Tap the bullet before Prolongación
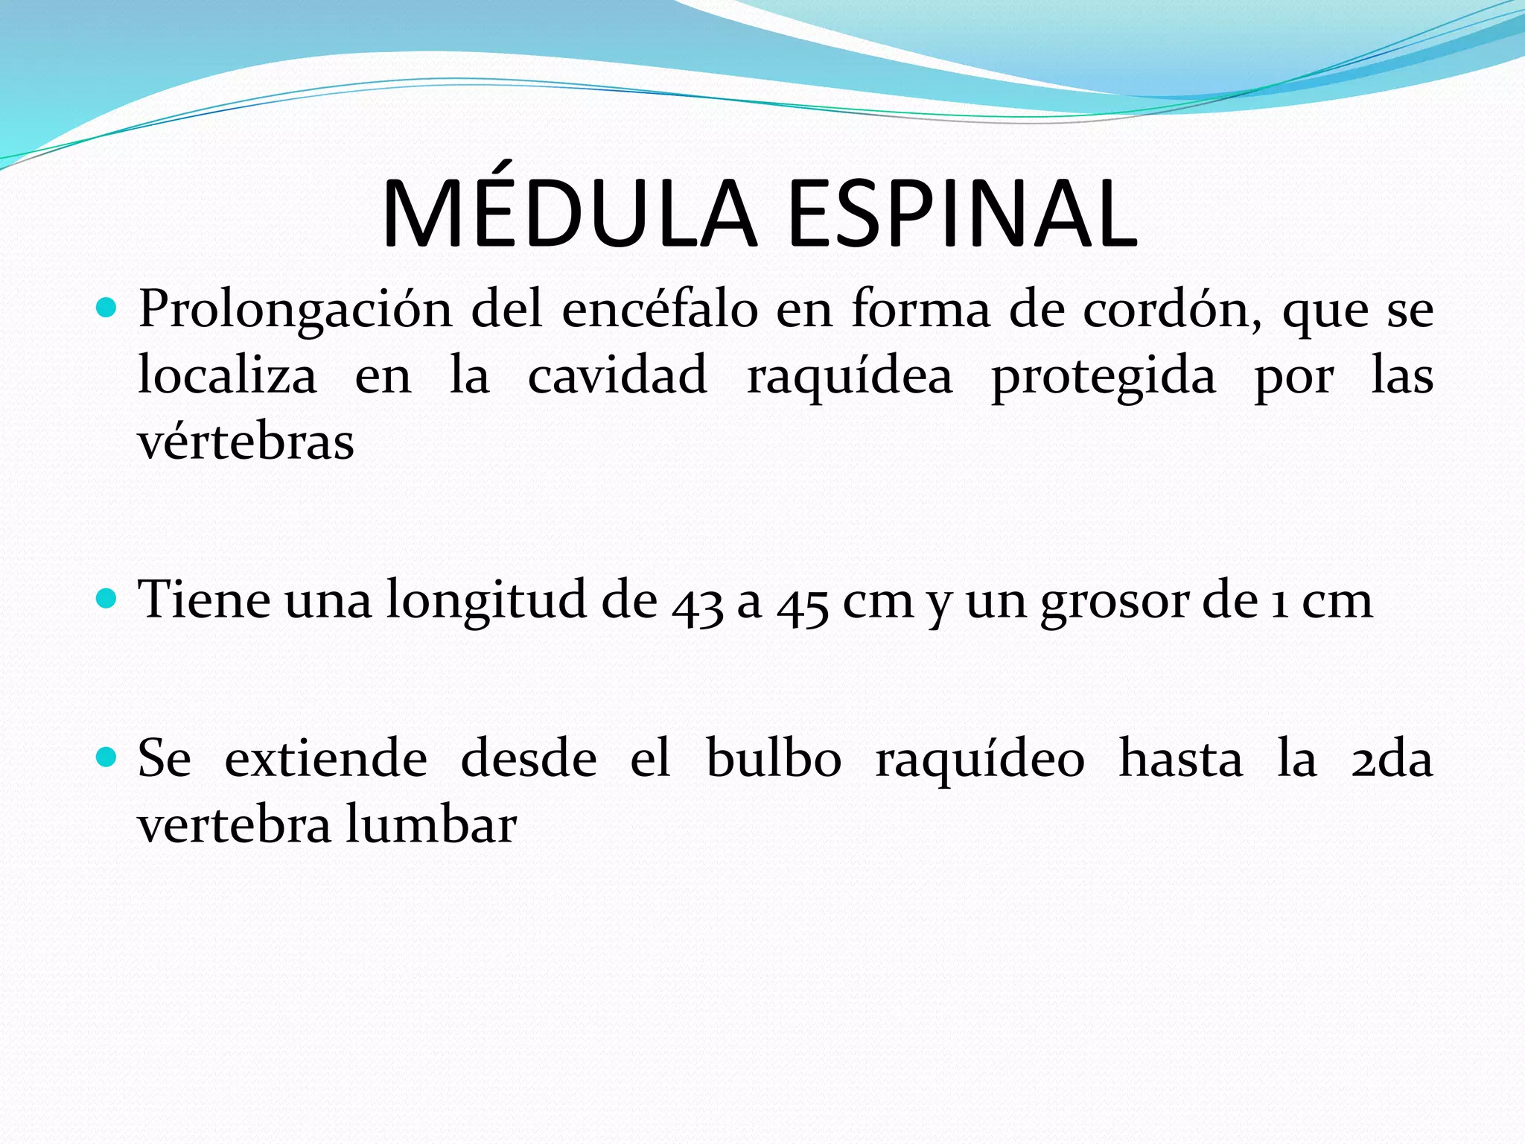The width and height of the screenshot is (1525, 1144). click(107, 307)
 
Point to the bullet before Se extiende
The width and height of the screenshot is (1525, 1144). click(107, 757)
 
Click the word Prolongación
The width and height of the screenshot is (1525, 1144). click(295, 310)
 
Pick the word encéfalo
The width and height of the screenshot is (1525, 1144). click(660, 308)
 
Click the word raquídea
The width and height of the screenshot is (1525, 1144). click(850, 377)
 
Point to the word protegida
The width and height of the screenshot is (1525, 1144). click(1103, 377)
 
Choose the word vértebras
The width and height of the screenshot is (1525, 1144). click(246, 441)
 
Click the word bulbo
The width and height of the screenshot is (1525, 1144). click(773, 759)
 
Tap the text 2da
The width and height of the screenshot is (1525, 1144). click(1391, 760)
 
